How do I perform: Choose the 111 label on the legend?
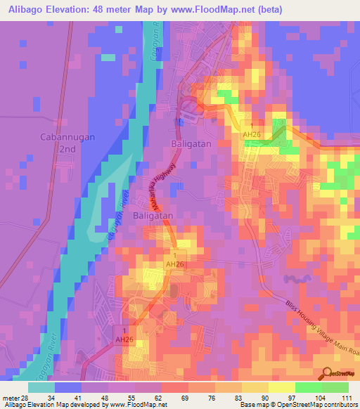[x=347, y=398]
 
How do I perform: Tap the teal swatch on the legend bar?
[x=41, y=387]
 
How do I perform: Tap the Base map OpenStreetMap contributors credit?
[x=296, y=405]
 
